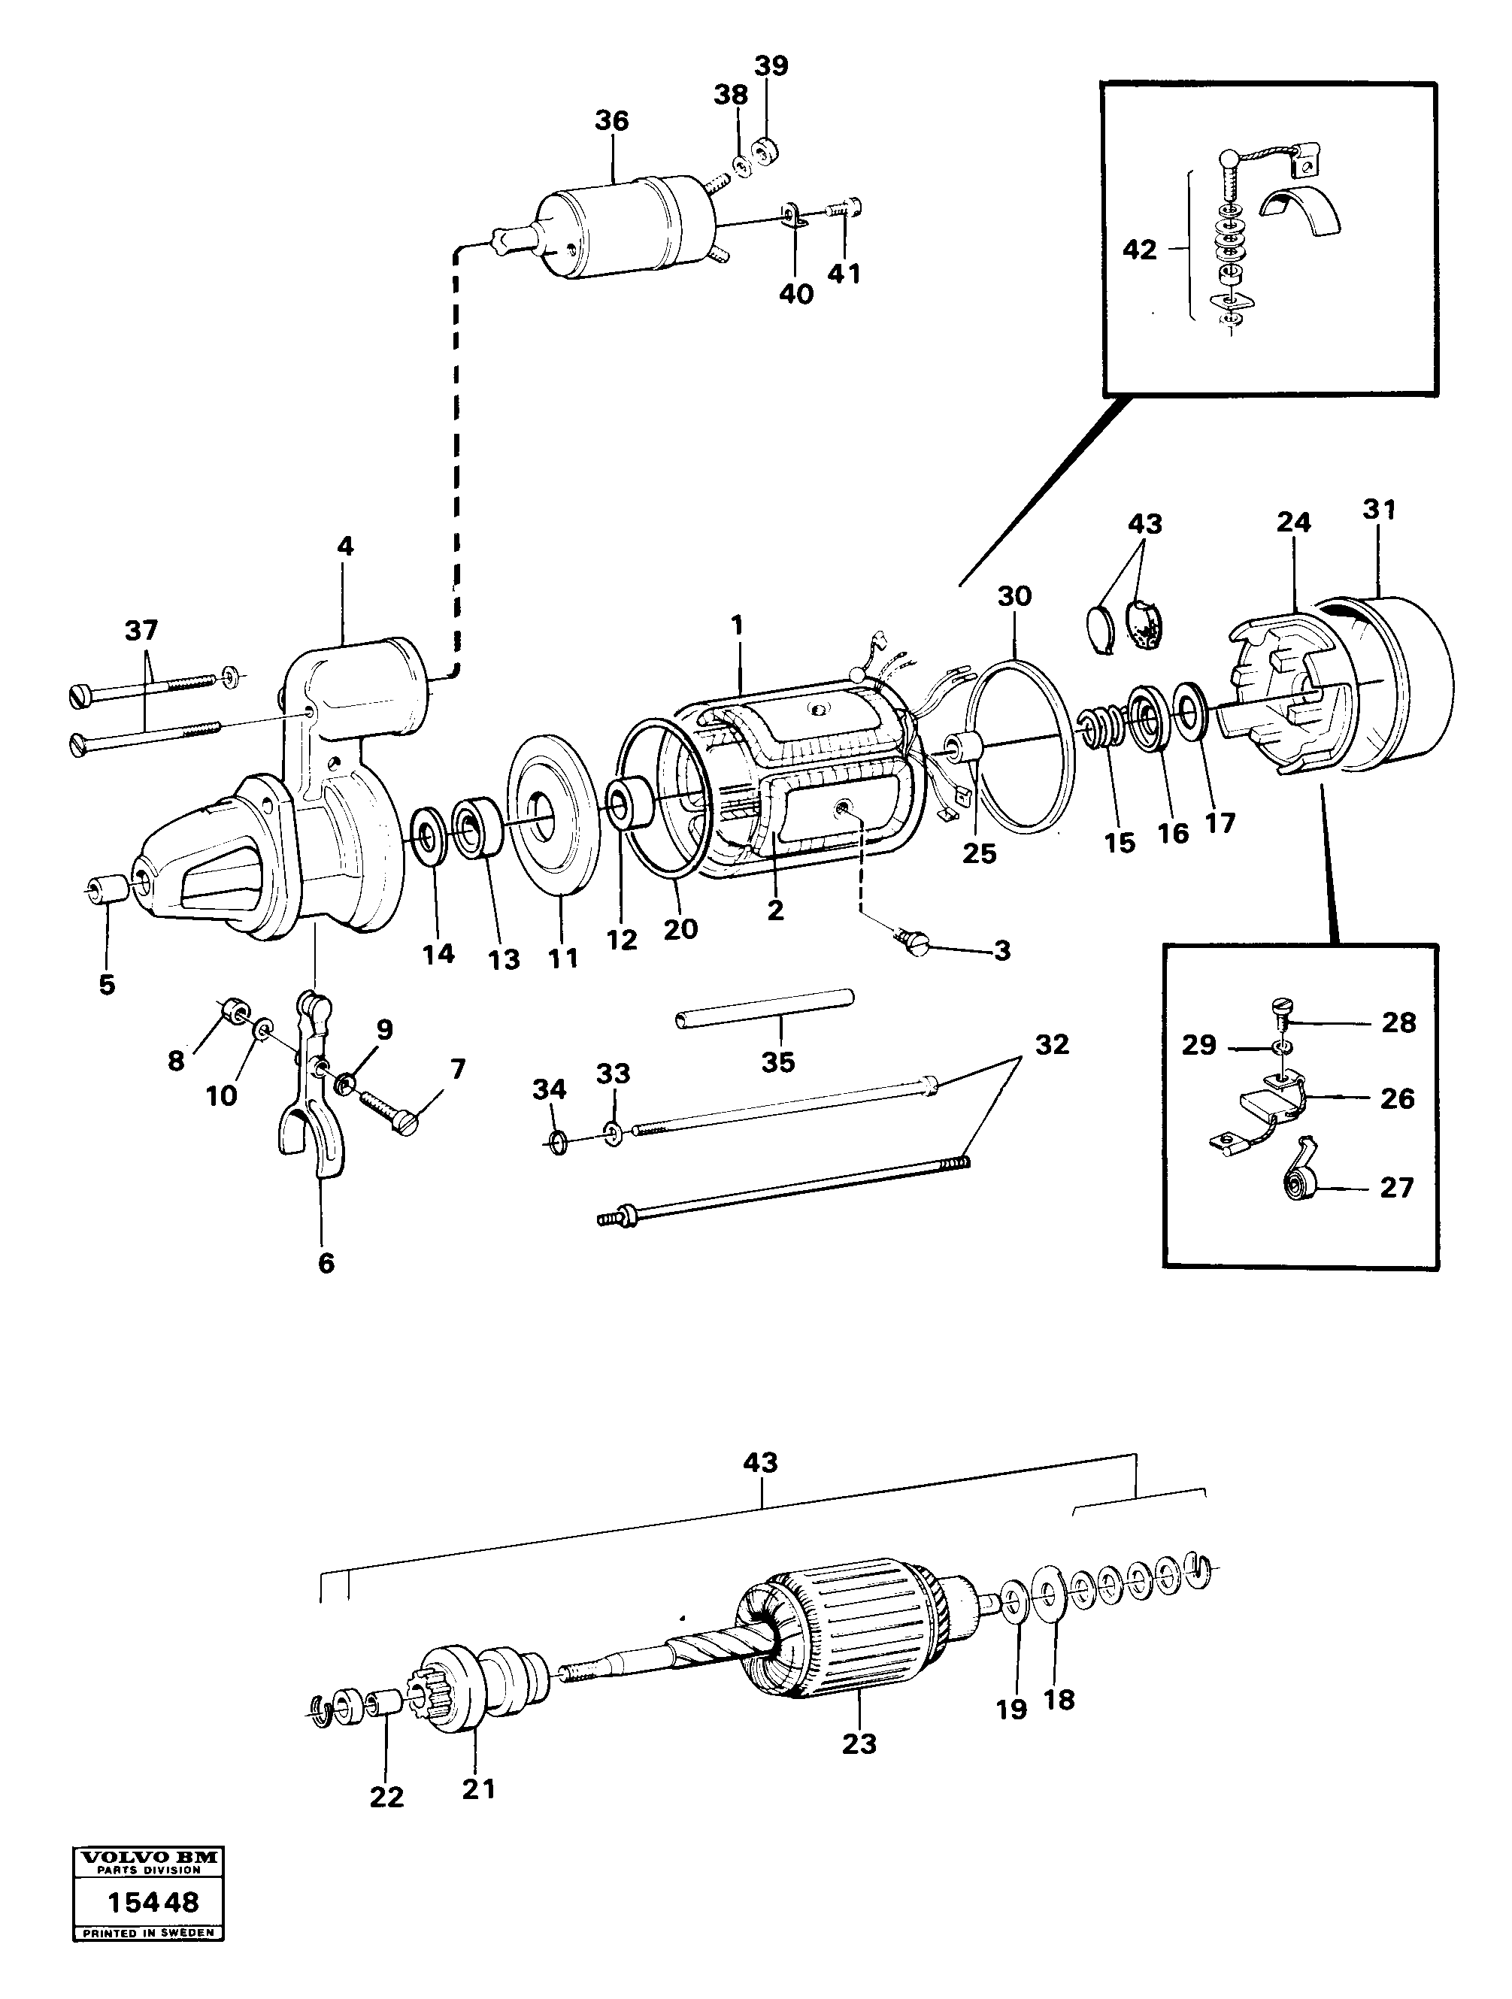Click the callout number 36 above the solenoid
611,121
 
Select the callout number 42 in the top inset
1139,250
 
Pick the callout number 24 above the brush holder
1293,522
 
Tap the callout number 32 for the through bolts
1051,1045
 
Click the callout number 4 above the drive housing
345,546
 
